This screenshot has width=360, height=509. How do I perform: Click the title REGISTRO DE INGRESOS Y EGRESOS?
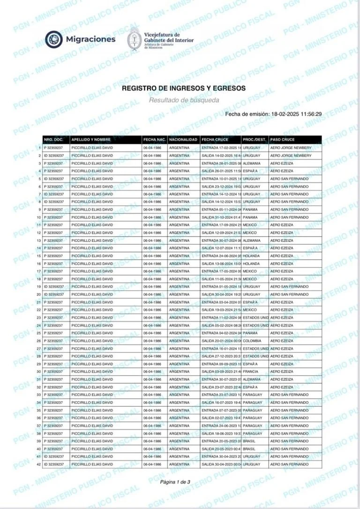pyautogui.click(x=183, y=88)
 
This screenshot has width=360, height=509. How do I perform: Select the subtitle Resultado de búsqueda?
pyautogui.click(x=183, y=100)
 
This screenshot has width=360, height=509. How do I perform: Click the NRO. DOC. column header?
pyautogui.click(x=53, y=140)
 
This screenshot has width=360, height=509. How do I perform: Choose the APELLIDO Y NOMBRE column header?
pyautogui.click(x=91, y=140)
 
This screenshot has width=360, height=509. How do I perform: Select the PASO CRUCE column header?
pyautogui.click(x=282, y=140)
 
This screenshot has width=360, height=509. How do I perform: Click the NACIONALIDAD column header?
pyautogui.click(x=183, y=140)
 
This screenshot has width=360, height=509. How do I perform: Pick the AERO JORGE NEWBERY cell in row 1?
pyautogui.click(x=291, y=148)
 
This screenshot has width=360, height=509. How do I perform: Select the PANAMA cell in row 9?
pyautogui.click(x=251, y=210)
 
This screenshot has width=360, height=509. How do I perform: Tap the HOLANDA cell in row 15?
pyautogui.click(x=252, y=256)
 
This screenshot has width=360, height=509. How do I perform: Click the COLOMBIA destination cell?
pyautogui.click(x=252, y=341)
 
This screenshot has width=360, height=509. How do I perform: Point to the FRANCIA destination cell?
pyautogui.click(x=251, y=372)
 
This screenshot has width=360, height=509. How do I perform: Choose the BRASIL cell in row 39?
pyautogui.click(x=250, y=441)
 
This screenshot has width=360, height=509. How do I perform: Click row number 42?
pyautogui.click(x=39, y=464)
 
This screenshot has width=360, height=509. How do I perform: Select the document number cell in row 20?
pyautogui.click(x=54, y=294)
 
